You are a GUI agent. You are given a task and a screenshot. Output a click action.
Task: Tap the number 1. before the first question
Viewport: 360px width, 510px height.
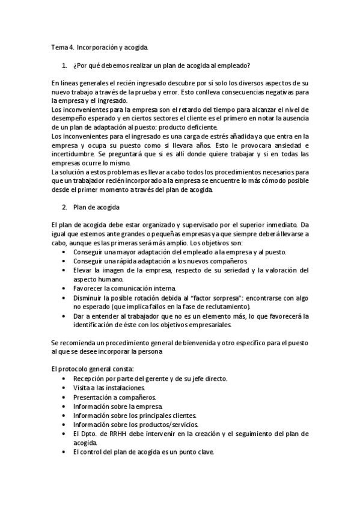pos(64,65)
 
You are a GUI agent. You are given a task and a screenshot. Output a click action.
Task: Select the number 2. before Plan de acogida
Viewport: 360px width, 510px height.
pos(64,207)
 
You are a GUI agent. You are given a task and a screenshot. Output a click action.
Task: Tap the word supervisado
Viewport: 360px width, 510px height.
pos(203,225)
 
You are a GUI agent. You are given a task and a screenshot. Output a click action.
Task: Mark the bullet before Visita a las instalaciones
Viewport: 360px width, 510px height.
pos(64,388)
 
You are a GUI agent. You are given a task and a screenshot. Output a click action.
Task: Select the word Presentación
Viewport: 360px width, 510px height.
pos(94,397)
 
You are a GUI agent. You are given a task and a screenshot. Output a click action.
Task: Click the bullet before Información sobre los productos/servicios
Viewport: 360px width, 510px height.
pos(64,424)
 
